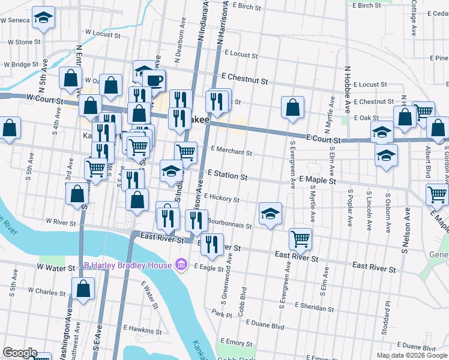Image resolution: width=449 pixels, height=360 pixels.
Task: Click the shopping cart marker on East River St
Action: tap(300, 238)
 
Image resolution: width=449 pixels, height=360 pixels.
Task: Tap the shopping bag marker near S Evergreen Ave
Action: tap(292, 107)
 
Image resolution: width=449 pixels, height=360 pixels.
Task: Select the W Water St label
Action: tap(55, 266)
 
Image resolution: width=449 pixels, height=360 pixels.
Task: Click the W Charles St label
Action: tap(55, 292)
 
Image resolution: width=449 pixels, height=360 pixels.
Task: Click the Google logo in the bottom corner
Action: tap(19, 353)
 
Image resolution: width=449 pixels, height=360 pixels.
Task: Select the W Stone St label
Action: tap(23, 42)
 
